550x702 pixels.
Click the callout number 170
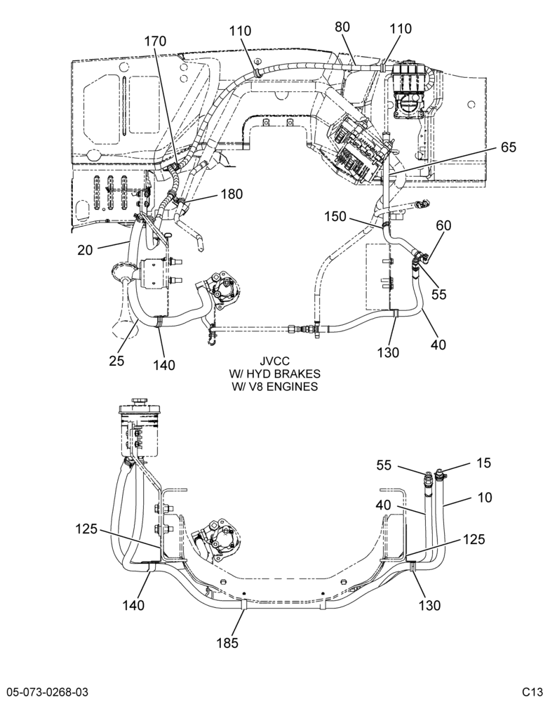pos(155,41)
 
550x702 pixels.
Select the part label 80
pos(342,27)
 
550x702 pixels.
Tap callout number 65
pos(509,147)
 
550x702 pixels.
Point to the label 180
pos(232,194)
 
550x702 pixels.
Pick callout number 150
pos(335,216)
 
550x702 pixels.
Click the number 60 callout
pos(443,225)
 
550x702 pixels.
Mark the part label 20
pos(85,250)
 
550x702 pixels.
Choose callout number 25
pos(116,360)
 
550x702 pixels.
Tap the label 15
pos(484,463)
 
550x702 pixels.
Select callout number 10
pos(485,498)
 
